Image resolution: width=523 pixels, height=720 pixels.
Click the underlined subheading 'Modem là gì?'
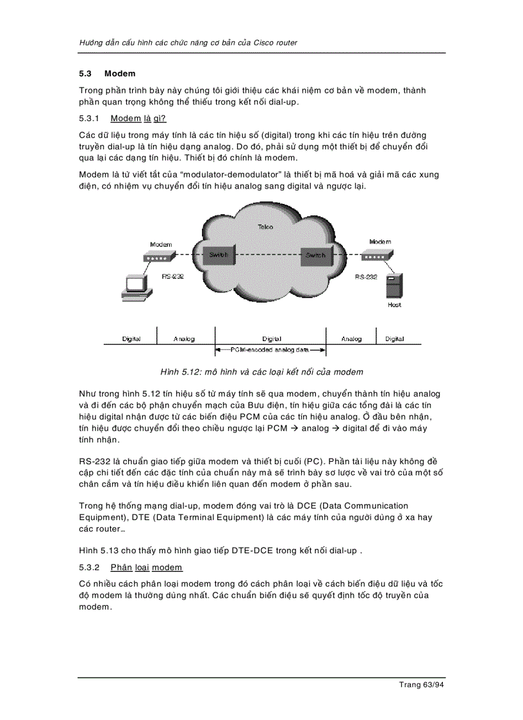(x=138, y=119)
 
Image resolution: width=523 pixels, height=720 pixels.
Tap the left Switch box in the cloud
(x=219, y=255)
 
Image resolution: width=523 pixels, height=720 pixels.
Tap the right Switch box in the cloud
(x=315, y=255)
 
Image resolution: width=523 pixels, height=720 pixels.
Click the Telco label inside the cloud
(x=265, y=227)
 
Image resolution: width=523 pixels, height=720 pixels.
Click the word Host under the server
(x=394, y=305)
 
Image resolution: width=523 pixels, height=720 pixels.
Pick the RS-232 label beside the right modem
(x=366, y=277)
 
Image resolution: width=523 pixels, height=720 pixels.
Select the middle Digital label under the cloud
(x=272, y=339)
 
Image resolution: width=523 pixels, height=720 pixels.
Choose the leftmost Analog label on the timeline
(x=184, y=339)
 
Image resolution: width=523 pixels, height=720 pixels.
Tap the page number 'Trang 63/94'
(x=421, y=685)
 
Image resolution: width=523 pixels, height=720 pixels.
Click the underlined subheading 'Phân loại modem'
(x=146, y=567)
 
